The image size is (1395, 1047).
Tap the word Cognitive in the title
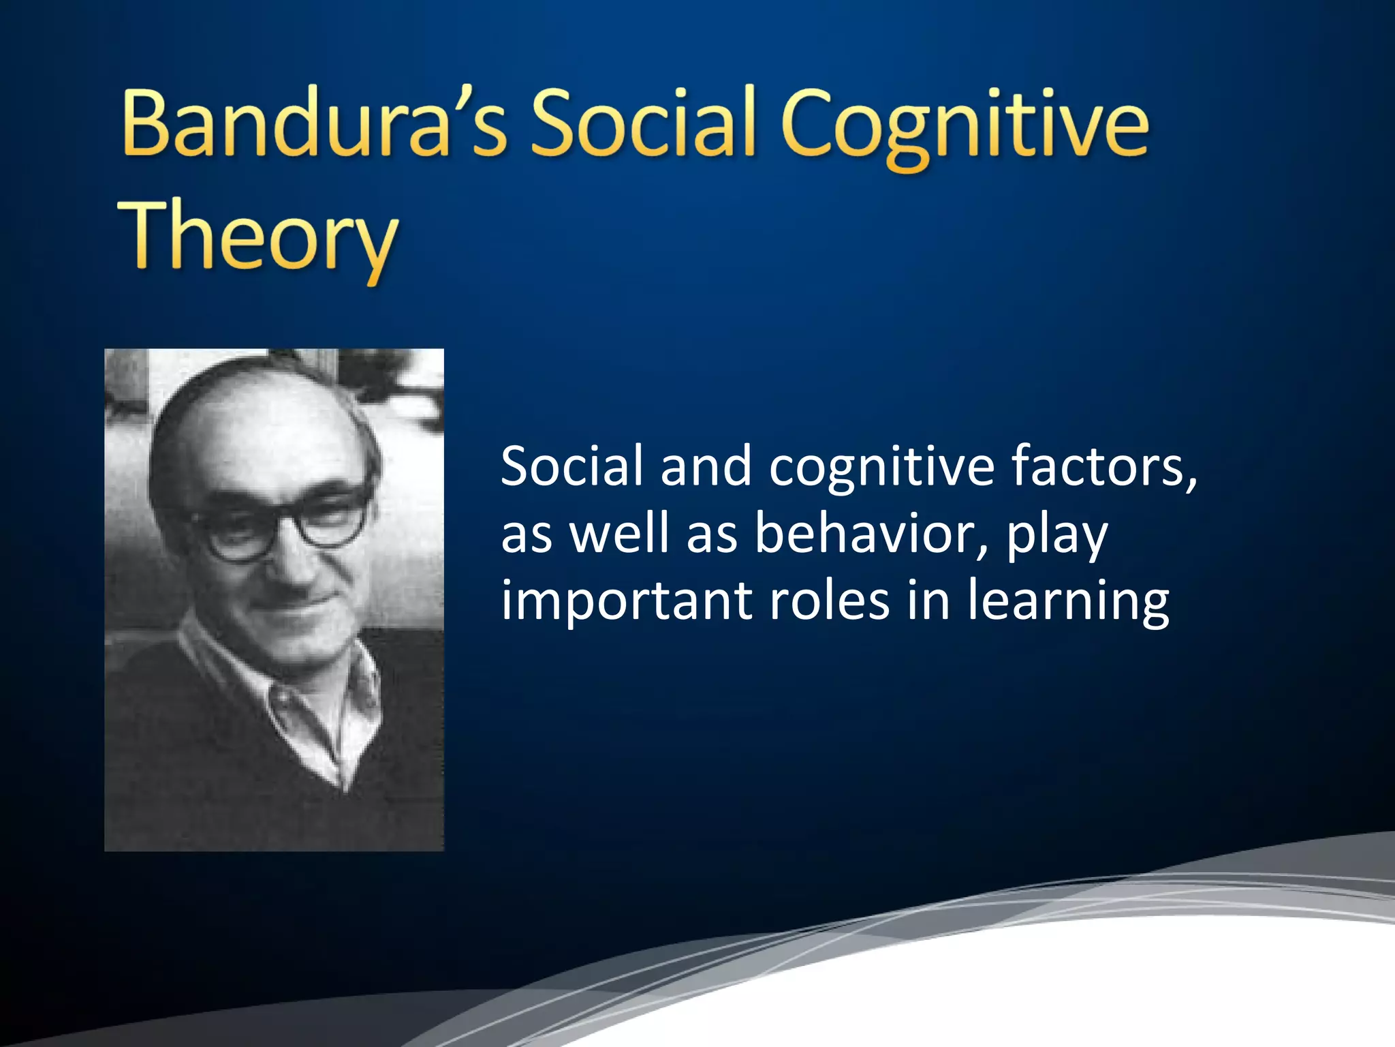point(965,127)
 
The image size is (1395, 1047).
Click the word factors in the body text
point(1096,466)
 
